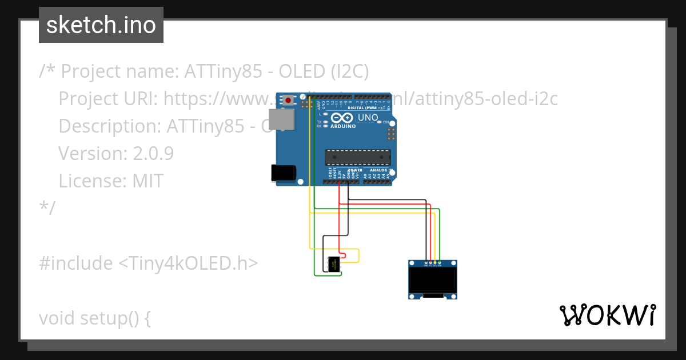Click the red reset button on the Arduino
pos(288,101)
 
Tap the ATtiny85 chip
pos(333,264)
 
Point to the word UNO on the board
pos(368,118)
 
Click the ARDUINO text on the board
pos(343,126)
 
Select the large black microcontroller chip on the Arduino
pos(358,157)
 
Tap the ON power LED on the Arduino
pos(385,122)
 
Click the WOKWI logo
pos(607,315)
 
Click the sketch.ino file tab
pos(101,25)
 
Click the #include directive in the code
pos(76,263)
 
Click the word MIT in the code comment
pos(148,181)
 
